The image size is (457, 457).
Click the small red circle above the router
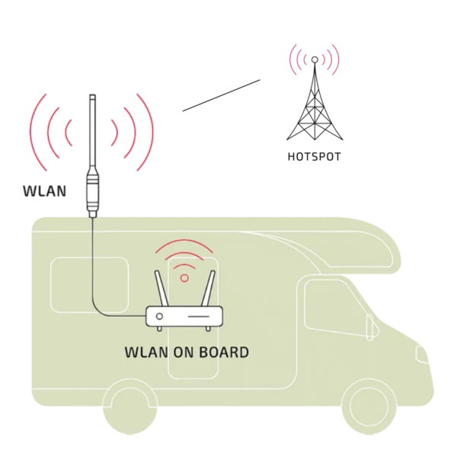[x=183, y=278]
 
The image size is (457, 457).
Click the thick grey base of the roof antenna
[x=94, y=194]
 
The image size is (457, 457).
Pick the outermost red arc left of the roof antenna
[x=30, y=131]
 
